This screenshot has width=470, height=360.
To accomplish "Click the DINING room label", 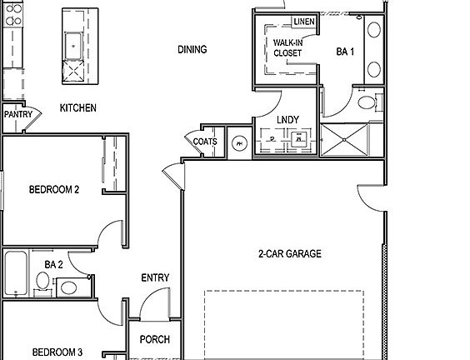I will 192,50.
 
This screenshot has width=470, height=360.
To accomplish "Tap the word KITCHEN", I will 77,108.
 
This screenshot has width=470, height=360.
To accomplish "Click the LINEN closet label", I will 302,22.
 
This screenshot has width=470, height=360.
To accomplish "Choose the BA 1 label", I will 345,52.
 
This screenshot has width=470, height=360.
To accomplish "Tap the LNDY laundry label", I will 287,120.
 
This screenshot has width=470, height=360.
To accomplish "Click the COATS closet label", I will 205,142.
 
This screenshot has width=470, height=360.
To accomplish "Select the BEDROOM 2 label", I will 54,190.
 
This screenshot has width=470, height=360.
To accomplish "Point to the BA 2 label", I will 54,264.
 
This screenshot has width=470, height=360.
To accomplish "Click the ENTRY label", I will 156,278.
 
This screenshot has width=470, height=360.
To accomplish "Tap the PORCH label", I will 155,339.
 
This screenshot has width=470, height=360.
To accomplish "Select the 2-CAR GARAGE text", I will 288,254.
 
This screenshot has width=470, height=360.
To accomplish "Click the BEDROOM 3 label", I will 57,352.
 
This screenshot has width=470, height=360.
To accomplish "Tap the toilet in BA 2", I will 69,288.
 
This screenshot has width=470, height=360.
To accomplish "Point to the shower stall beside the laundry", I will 350,139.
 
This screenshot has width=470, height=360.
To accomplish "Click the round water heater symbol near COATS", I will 240,142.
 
